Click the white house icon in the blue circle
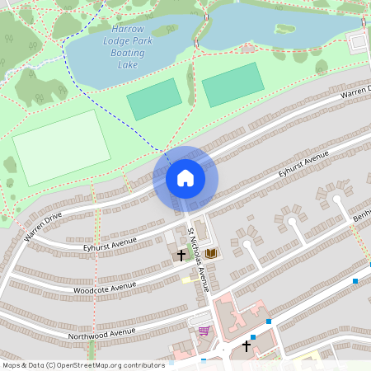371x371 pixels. [x=185, y=178]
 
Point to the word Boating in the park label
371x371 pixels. [x=127, y=52]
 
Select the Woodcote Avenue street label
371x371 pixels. [x=105, y=287]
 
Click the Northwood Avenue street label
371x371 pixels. [x=101, y=332]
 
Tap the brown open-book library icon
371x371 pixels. [x=211, y=253]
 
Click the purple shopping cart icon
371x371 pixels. [x=204, y=331]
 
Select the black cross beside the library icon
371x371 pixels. [x=181, y=255]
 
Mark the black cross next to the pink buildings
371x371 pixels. [x=246, y=346]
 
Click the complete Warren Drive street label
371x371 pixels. [x=43, y=227]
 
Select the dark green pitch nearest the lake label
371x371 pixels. [x=154, y=99]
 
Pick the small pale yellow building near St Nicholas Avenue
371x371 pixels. [x=186, y=279]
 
